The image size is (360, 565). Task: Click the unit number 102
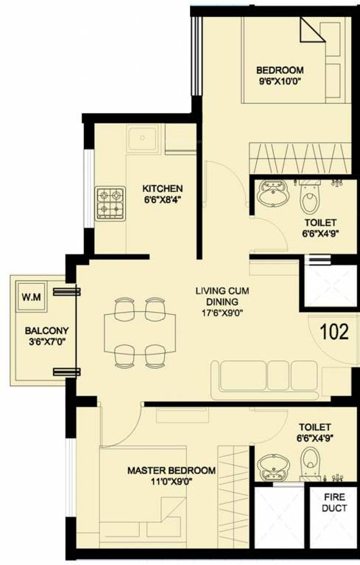tap(334, 331)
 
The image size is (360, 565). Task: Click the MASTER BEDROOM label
tap(171, 471)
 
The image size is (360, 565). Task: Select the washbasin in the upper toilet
tap(272, 196)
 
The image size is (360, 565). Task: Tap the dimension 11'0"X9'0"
tap(171, 483)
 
